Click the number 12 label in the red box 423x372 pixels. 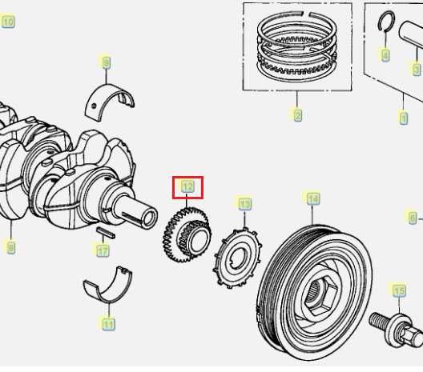(187, 187)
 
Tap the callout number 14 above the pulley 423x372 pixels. (312, 198)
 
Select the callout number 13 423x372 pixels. (244, 204)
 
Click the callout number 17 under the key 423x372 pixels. (103, 251)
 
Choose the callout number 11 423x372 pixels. (107, 324)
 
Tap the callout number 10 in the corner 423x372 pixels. (9, 22)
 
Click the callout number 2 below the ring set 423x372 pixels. (297, 116)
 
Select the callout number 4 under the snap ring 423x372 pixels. (385, 55)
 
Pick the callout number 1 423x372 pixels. (403, 118)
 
